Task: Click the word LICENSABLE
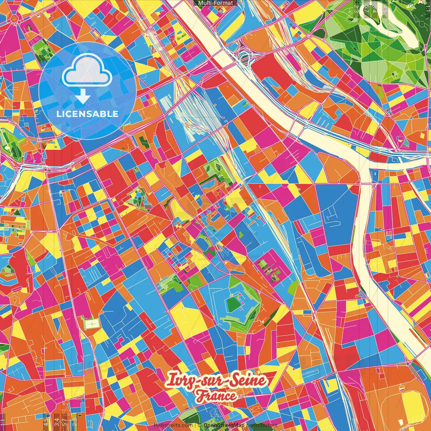coord(88,114)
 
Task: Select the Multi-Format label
coord(215,3)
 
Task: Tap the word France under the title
coord(217,396)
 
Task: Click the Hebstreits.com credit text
coord(173,425)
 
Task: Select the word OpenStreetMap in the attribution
coord(224,425)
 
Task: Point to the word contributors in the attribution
coord(262,425)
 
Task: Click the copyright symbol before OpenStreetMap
coord(199,425)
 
